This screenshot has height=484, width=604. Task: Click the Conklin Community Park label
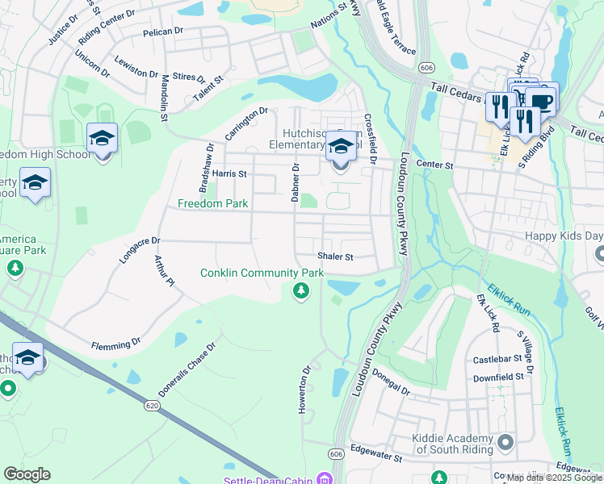point(262,273)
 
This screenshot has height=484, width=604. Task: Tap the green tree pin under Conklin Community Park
point(300,290)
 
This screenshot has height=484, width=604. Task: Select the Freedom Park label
point(213,204)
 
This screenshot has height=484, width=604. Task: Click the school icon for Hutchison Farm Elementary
point(340,149)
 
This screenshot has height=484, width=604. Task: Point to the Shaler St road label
point(335,257)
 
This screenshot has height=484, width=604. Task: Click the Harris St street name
point(229,173)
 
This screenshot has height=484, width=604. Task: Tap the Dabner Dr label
point(296,182)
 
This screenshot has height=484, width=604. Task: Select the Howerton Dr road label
point(304,390)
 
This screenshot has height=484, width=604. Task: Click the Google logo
point(27,474)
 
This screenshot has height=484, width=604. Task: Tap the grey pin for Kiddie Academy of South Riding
point(505,442)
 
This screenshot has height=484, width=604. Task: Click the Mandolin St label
point(164,98)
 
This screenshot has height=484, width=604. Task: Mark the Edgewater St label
point(375,456)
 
